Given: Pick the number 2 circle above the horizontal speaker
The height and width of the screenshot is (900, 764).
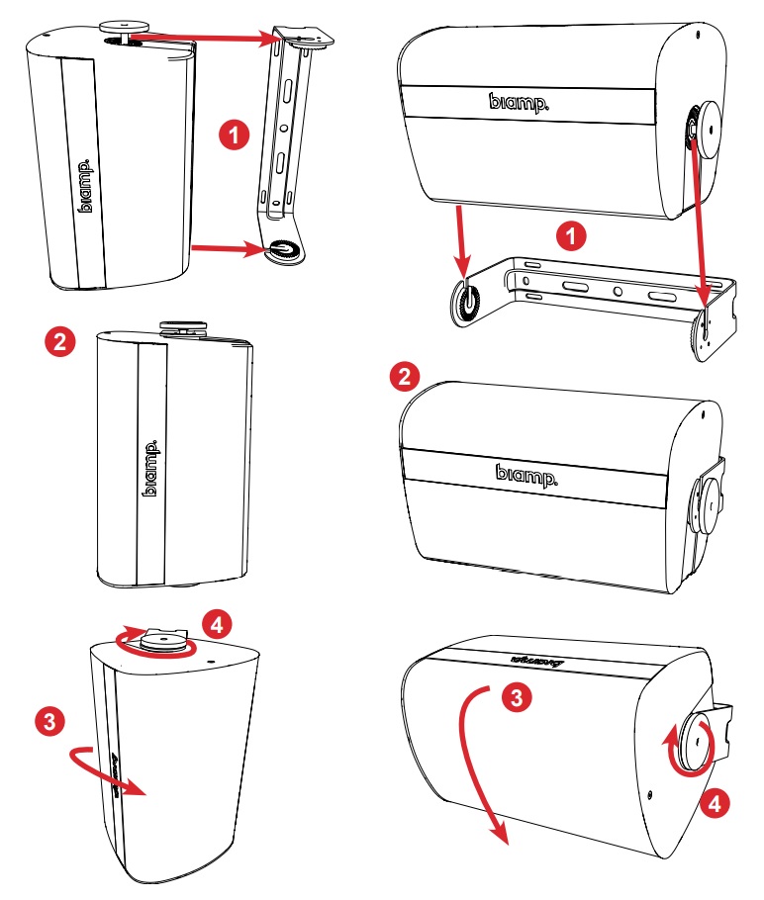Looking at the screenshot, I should tap(403, 376).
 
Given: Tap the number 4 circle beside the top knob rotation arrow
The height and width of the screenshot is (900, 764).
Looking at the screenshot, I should tap(217, 624).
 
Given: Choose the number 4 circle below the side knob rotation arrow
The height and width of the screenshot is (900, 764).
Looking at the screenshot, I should tap(719, 802).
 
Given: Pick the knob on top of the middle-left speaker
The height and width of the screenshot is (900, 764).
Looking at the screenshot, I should tap(181, 322).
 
